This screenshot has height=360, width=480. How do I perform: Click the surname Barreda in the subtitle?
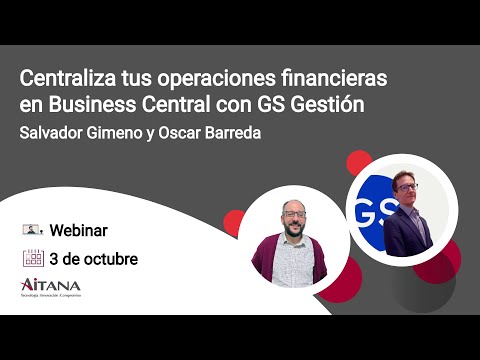[227, 134]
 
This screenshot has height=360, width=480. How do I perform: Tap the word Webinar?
[79, 229]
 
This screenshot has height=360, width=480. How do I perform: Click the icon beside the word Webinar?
[33, 229]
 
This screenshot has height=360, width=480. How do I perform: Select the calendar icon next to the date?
[33, 258]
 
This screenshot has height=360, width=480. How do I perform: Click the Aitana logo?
[51, 288]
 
